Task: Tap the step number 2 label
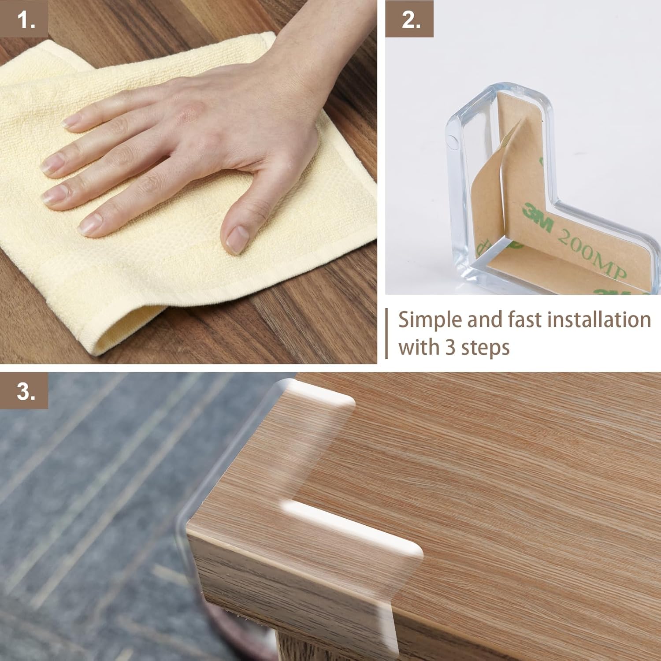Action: click(x=409, y=19)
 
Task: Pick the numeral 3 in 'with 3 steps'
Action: click(x=449, y=348)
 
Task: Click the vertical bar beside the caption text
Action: click(x=387, y=334)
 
